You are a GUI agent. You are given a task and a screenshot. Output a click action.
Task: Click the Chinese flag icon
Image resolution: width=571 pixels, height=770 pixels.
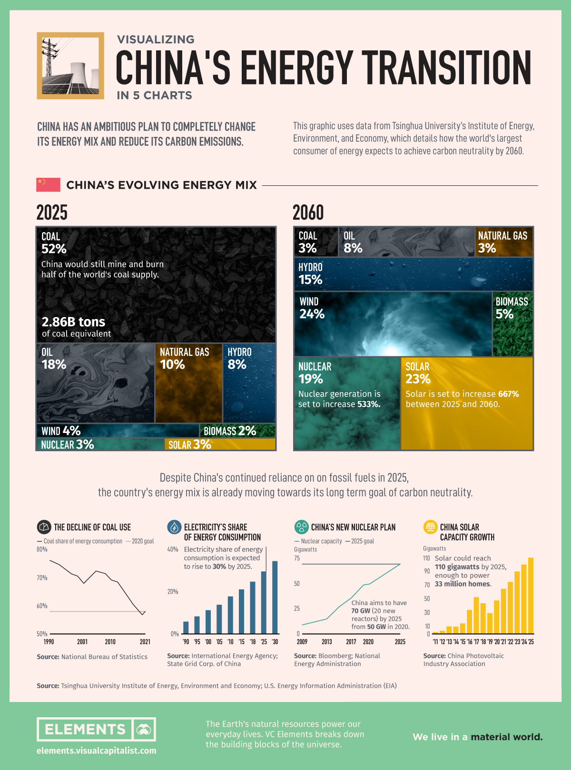click(x=48, y=184)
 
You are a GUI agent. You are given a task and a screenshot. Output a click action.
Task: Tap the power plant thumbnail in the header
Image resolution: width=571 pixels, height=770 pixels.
click(x=70, y=66)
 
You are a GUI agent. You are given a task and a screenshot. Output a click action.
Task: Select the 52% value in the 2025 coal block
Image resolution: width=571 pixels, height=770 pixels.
click(x=54, y=249)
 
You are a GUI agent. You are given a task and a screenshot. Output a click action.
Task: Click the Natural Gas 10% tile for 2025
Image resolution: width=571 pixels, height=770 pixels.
click(x=189, y=383)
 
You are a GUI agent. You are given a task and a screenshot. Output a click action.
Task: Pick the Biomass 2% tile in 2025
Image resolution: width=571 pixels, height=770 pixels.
click(x=237, y=431)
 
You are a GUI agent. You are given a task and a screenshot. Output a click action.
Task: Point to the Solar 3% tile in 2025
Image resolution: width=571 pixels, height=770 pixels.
click(x=220, y=444)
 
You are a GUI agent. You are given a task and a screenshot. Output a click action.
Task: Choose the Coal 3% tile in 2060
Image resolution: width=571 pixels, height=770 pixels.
click(x=315, y=242)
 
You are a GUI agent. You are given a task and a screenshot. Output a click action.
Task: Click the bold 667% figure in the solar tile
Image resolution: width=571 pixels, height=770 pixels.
click(x=508, y=394)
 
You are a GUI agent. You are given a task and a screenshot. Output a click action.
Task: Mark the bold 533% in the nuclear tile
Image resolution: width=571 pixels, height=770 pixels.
click(x=369, y=404)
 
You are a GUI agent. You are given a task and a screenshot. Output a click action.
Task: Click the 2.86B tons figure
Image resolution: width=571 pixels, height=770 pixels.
click(x=73, y=322)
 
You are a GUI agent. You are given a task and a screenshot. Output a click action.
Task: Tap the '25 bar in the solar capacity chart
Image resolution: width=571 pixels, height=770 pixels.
click(x=531, y=596)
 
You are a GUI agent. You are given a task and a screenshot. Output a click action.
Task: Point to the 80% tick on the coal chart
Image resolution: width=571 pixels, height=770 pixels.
click(x=42, y=549)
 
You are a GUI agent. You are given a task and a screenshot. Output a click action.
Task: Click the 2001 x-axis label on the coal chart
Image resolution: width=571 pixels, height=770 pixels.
click(x=82, y=642)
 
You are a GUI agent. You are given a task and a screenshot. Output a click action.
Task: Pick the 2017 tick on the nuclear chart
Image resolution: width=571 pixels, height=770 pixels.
click(x=351, y=642)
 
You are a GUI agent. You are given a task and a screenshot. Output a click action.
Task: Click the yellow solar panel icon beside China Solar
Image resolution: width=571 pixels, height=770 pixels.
click(x=430, y=527)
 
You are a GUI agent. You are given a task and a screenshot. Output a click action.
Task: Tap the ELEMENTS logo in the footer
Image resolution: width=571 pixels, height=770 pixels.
click(x=96, y=729)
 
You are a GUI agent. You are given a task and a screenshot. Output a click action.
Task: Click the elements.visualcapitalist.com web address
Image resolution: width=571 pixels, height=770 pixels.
click(x=96, y=751)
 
